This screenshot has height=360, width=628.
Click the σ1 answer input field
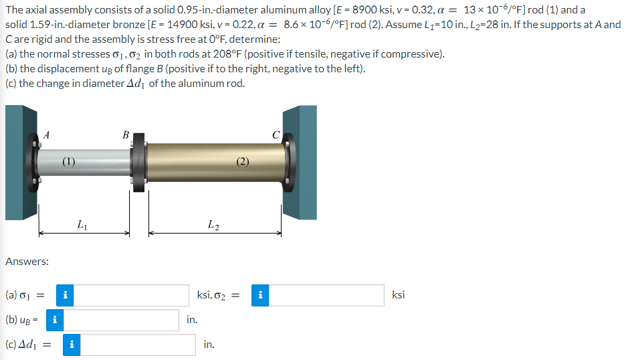pyautogui.click(x=131, y=296)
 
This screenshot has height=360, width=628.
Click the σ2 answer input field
pyautogui.click(x=326, y=296)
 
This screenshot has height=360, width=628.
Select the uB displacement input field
pyautogui.click(x=121, y=320)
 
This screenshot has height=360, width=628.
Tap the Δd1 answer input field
pyautogui.click(x=138, y=345)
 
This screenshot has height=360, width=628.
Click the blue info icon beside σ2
pyautogui.click(x=260, y=296)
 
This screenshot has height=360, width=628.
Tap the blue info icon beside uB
pyautogui.click(x=55, y=320)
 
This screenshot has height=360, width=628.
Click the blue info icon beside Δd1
pyautogui.click(x=72, y=345)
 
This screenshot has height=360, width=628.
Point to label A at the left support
pyautogui.click(x=46, y=135)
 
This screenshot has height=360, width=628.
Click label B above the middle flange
pyautogui.click(x=126, y=134)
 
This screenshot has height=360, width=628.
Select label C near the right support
pyautogui.click(x=276, y=134)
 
